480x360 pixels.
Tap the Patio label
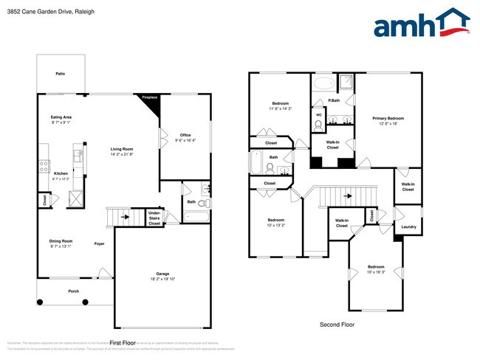(x=61, y=74)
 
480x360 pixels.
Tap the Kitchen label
(x=61, y=174)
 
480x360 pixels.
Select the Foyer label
(x=99, y=243)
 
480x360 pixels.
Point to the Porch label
(x=74, y=291)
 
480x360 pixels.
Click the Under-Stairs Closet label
(x=154, y=218)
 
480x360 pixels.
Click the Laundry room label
(x=408, y=227)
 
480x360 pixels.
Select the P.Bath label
(x=334, y=100)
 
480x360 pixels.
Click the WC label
(x=319, y=115)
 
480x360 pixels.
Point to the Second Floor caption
(x=337, y=325)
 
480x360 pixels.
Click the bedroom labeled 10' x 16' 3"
(x=376, y=269)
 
